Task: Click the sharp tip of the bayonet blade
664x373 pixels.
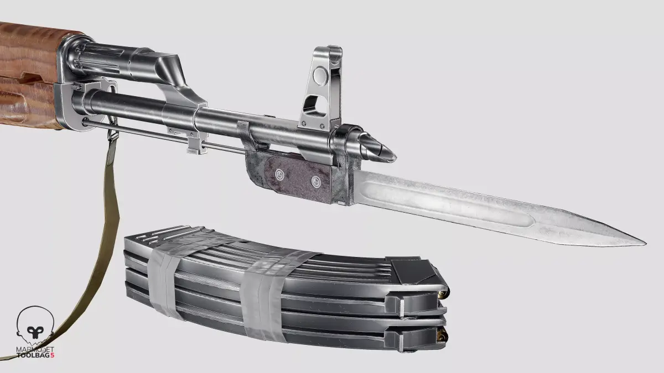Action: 646,244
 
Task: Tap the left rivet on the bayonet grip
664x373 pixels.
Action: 279,175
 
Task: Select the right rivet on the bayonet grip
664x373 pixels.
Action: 316,182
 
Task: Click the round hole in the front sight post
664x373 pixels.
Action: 321,75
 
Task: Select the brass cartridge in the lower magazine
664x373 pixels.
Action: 443,336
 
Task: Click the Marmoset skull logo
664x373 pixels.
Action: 35,325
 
